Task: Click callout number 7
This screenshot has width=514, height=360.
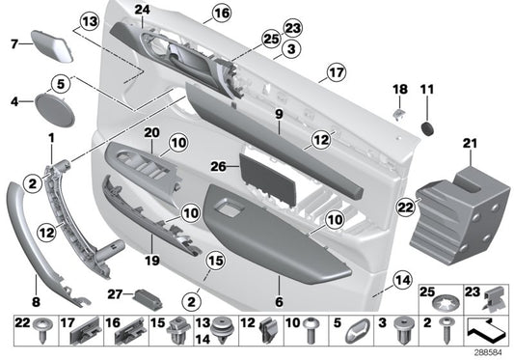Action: point(14,43)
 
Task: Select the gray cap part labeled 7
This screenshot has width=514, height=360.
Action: point(47,43)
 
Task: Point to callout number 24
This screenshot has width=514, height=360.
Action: point(143,11)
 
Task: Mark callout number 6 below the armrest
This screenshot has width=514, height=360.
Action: point(280,301)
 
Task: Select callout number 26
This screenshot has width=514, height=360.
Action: point(218,167)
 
